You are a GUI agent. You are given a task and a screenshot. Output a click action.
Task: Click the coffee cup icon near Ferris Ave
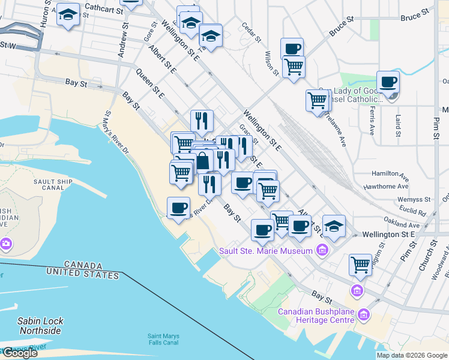tap(388, 82)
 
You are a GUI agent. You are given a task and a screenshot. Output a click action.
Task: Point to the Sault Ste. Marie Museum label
tap(265, 250)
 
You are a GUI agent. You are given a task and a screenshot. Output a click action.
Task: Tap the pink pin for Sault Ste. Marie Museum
tap(322, 250)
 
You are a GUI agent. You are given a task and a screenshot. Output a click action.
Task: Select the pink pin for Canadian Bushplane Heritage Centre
tap(363, 314)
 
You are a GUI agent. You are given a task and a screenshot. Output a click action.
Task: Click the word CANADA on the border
tap(80, 265)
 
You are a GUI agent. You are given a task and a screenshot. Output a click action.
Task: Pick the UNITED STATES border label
tap(83, 274)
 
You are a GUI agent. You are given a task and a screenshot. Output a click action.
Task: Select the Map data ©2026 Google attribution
tap(411, 355)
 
